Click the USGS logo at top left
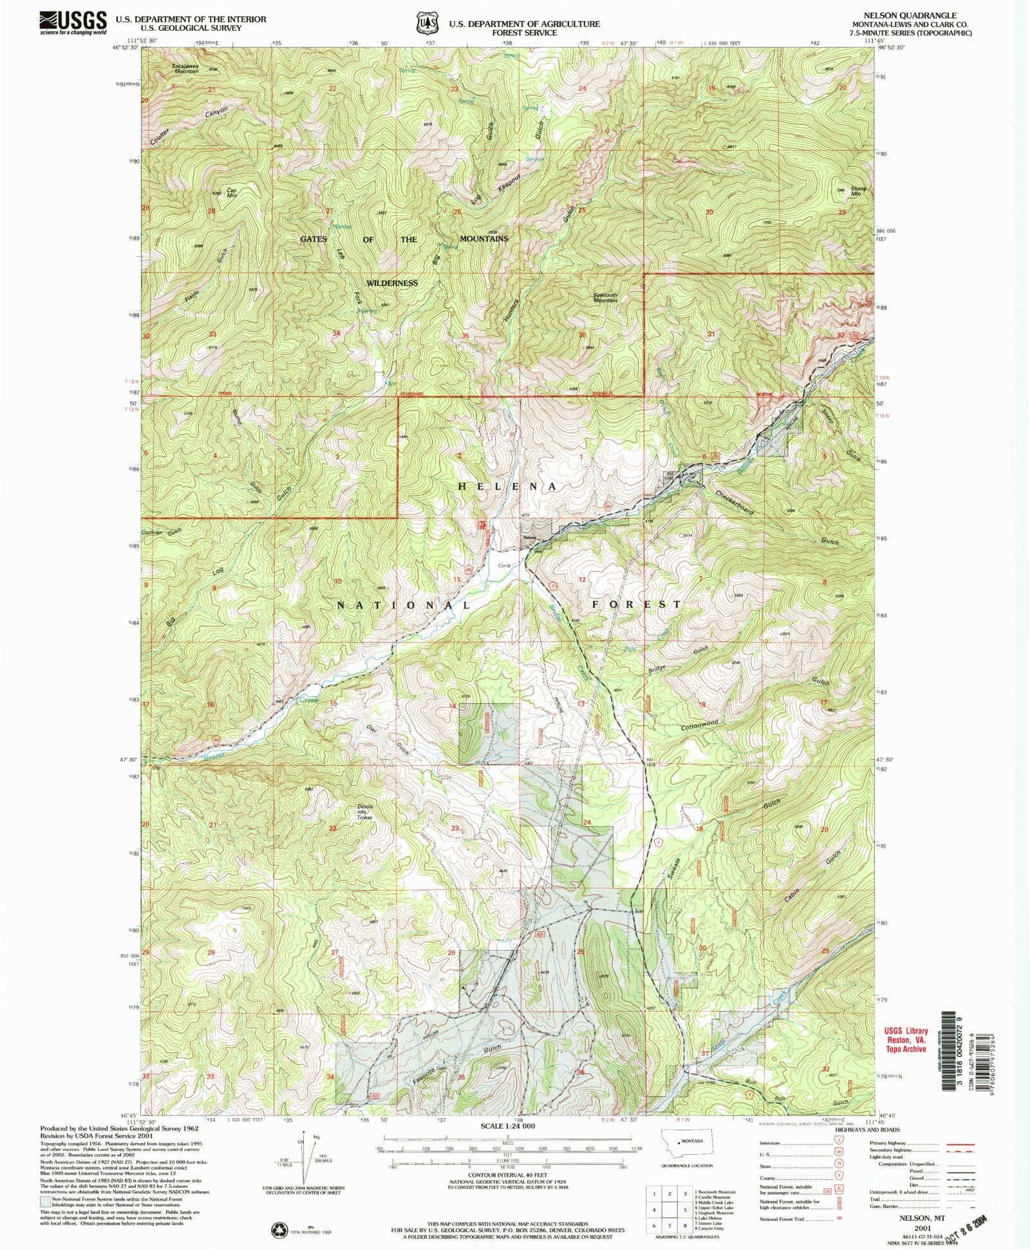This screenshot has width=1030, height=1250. coord(73,23)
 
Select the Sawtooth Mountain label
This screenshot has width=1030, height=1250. coord(605,298)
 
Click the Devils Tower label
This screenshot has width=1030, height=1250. coord(366,810)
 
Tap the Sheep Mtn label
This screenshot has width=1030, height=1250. coord(858,191)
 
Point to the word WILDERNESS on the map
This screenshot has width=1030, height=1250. coord(392,283)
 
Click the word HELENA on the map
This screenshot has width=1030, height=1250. coord(507,487)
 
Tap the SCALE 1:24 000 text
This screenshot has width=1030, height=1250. coord(508,1125)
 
